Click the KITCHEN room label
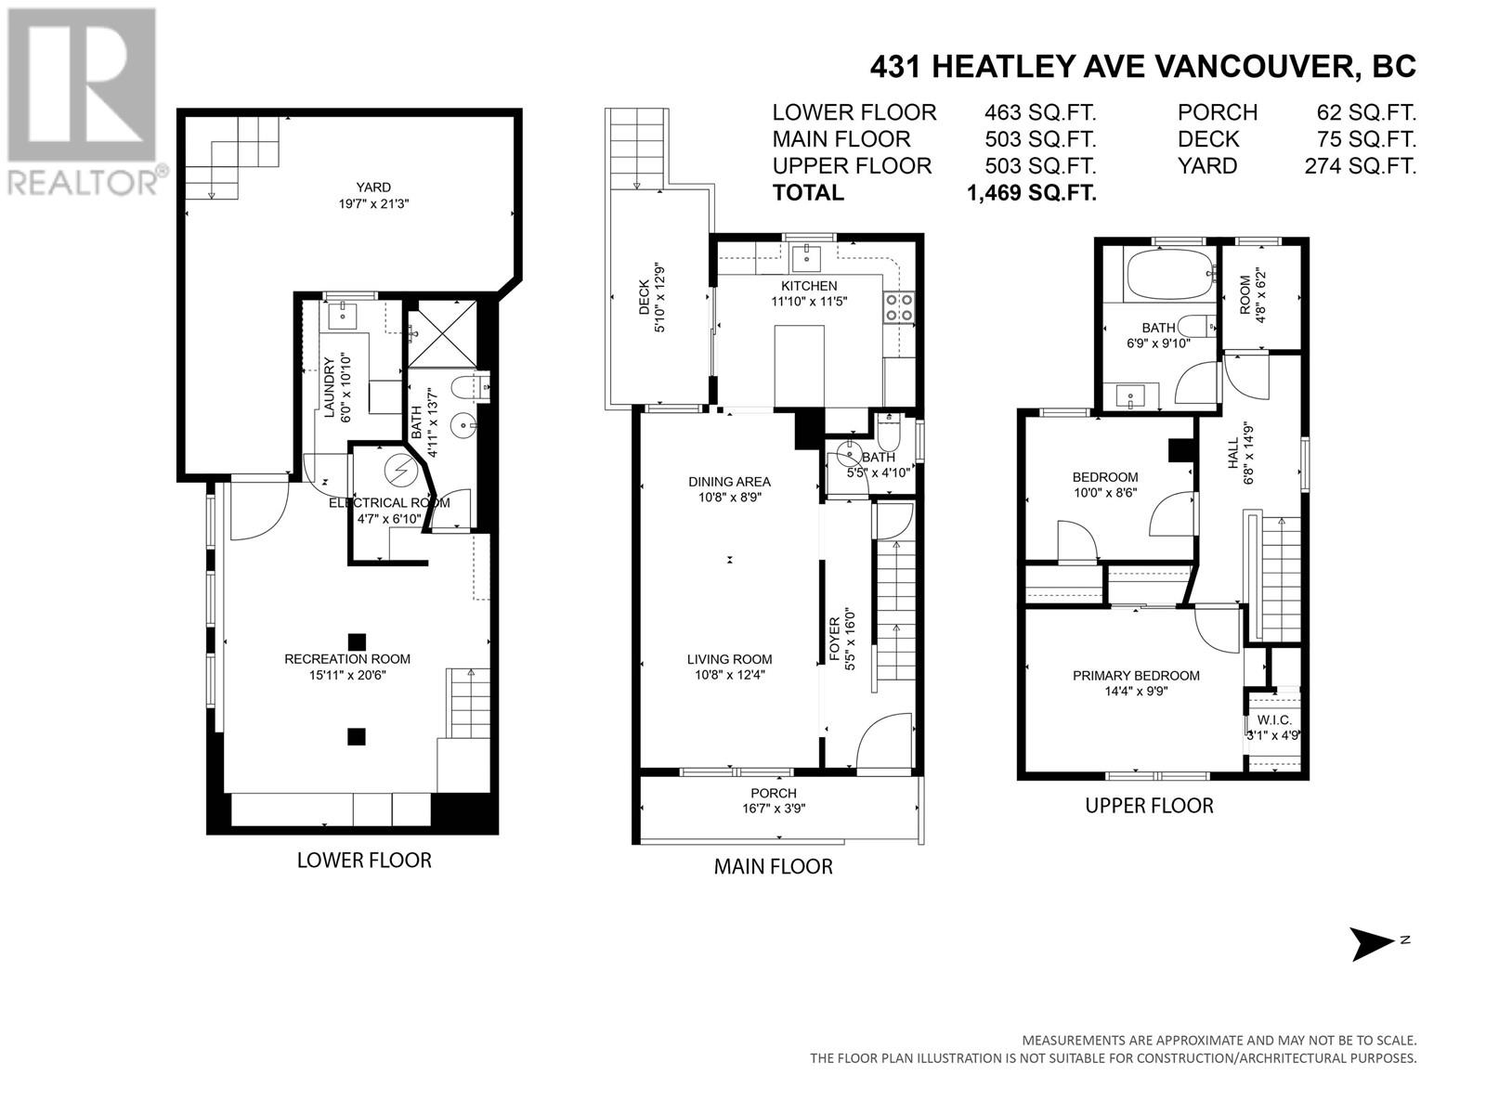809,286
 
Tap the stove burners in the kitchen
897,306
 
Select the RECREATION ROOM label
346,659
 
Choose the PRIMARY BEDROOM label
1136,676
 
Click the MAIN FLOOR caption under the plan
773,867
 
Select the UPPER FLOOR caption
1149,806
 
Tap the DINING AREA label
729,482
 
